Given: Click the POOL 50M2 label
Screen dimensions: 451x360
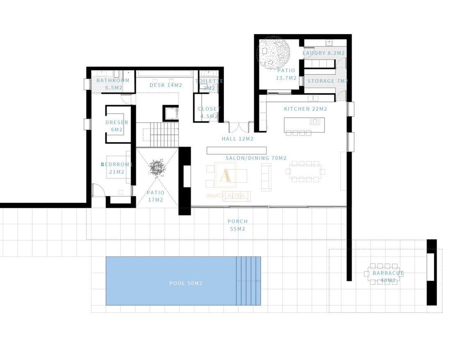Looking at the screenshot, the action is [186, 283].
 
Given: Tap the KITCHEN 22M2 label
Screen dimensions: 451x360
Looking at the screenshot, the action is [305, 109].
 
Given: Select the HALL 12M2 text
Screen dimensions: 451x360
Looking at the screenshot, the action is [237, 139].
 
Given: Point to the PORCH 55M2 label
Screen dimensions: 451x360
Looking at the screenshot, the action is [237, 225].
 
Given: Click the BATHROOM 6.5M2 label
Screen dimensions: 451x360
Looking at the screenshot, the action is [113, 84].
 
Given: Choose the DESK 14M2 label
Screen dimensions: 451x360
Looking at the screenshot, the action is [166, 85].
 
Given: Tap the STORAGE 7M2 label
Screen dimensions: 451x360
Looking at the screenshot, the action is [328, 81].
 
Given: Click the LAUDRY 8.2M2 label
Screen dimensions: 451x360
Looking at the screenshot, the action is [323, 53].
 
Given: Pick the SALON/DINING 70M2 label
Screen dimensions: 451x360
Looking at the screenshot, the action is [256, 158].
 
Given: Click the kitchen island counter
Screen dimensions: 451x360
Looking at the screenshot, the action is [304, 125].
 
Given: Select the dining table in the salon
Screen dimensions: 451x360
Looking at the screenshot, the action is [305, 172].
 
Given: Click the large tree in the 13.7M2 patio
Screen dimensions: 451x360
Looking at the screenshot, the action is [273, 52].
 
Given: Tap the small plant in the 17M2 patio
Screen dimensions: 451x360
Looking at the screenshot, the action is [157, 168].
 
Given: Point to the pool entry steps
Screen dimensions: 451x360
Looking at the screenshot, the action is [248, 281].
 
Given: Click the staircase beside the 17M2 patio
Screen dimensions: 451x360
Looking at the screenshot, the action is [157, 135].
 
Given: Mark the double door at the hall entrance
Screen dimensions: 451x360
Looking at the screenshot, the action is [239, 127].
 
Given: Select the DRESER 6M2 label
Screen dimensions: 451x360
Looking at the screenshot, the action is [117, 126].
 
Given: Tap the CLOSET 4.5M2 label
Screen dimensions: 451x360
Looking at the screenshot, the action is [209, 113].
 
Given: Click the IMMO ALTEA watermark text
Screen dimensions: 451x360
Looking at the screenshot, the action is [225, 196].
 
